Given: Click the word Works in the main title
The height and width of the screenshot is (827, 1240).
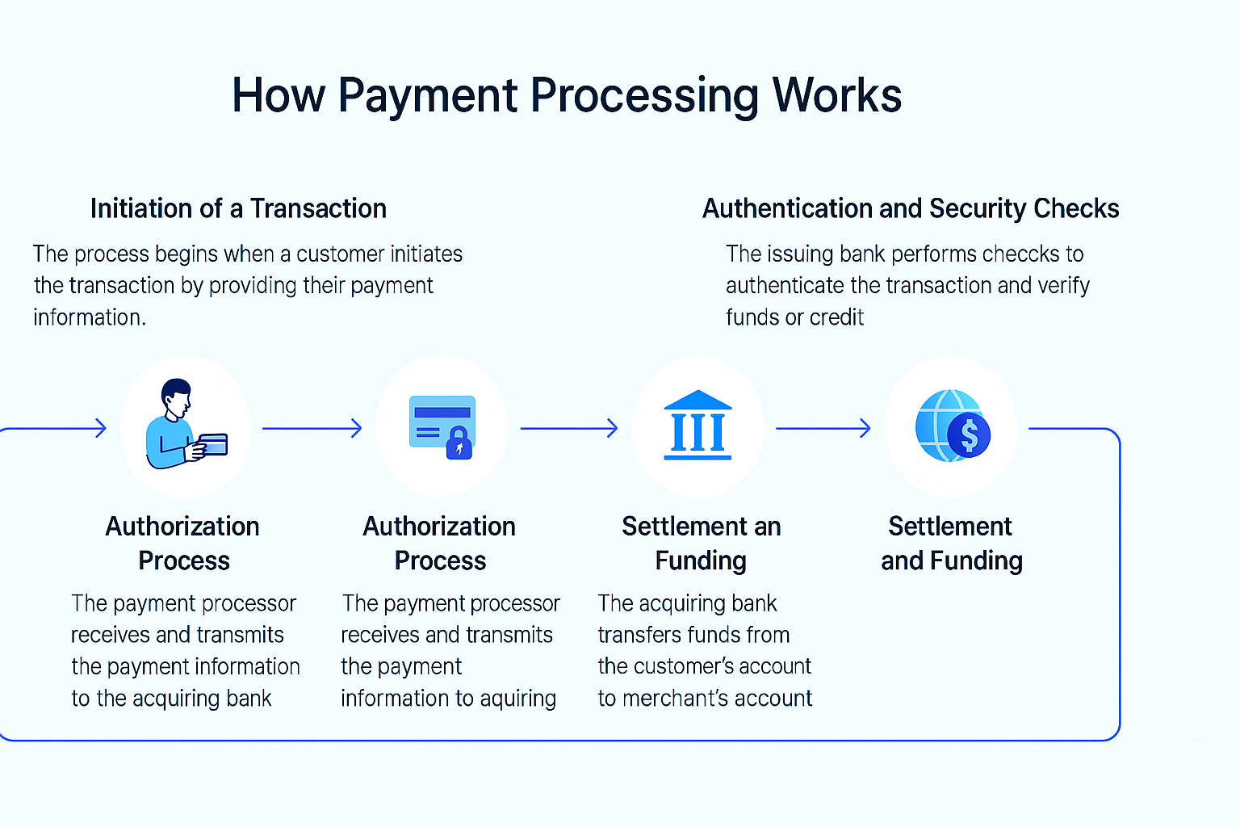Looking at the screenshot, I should click(x=836, y=95).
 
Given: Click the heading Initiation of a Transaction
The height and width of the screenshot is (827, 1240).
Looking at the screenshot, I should click(x=238, y=208).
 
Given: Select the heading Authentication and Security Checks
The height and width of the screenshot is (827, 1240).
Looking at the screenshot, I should click(x=910, y=208).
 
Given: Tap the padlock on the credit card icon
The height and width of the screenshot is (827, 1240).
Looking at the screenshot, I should click(x=459, y=443).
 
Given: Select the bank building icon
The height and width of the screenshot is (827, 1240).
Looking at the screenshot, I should click(x=697, y=426).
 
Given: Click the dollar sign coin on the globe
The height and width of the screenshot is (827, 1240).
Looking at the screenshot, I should click(x=970, y=436).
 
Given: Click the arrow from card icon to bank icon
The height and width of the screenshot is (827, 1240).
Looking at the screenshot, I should click(x=569, y=428).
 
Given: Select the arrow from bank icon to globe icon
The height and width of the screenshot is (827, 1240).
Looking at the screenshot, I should click(x=823, y=428).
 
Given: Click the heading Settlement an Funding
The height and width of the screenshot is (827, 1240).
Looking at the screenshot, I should click(x=701, y=543).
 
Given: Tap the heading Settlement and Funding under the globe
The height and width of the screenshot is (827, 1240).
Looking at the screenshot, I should click(x=951, y=543).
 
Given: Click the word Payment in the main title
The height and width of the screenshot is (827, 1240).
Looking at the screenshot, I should click(x=428, y=95).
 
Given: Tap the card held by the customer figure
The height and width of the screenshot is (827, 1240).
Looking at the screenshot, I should click(x=213, y=444).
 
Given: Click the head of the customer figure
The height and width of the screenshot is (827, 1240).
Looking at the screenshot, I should click(x=177, y=396).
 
